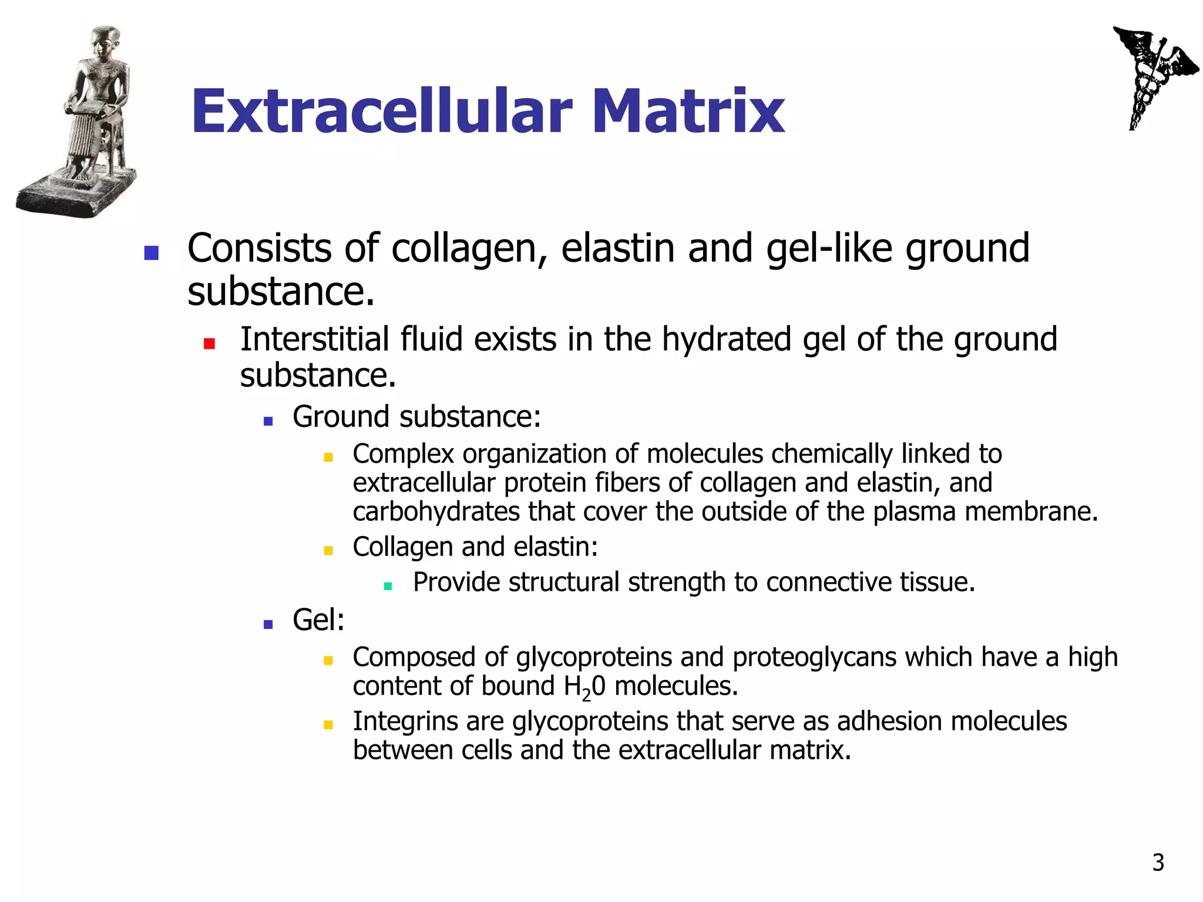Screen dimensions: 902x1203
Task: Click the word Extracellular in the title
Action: click(x=382, y=111)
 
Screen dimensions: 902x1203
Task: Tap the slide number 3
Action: click(x=1158, y=863)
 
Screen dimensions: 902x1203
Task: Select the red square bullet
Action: click(x=209, y=344)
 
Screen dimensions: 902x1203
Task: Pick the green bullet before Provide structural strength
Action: click(x=388, y=585)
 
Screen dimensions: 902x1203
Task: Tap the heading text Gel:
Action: click(x=318, y=620)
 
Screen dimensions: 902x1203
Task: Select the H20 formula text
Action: click(x=584, y=687)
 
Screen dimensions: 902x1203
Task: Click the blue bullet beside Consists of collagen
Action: click(x=152, y=253)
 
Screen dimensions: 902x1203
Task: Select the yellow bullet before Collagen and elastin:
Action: click(x=328, y=550)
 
